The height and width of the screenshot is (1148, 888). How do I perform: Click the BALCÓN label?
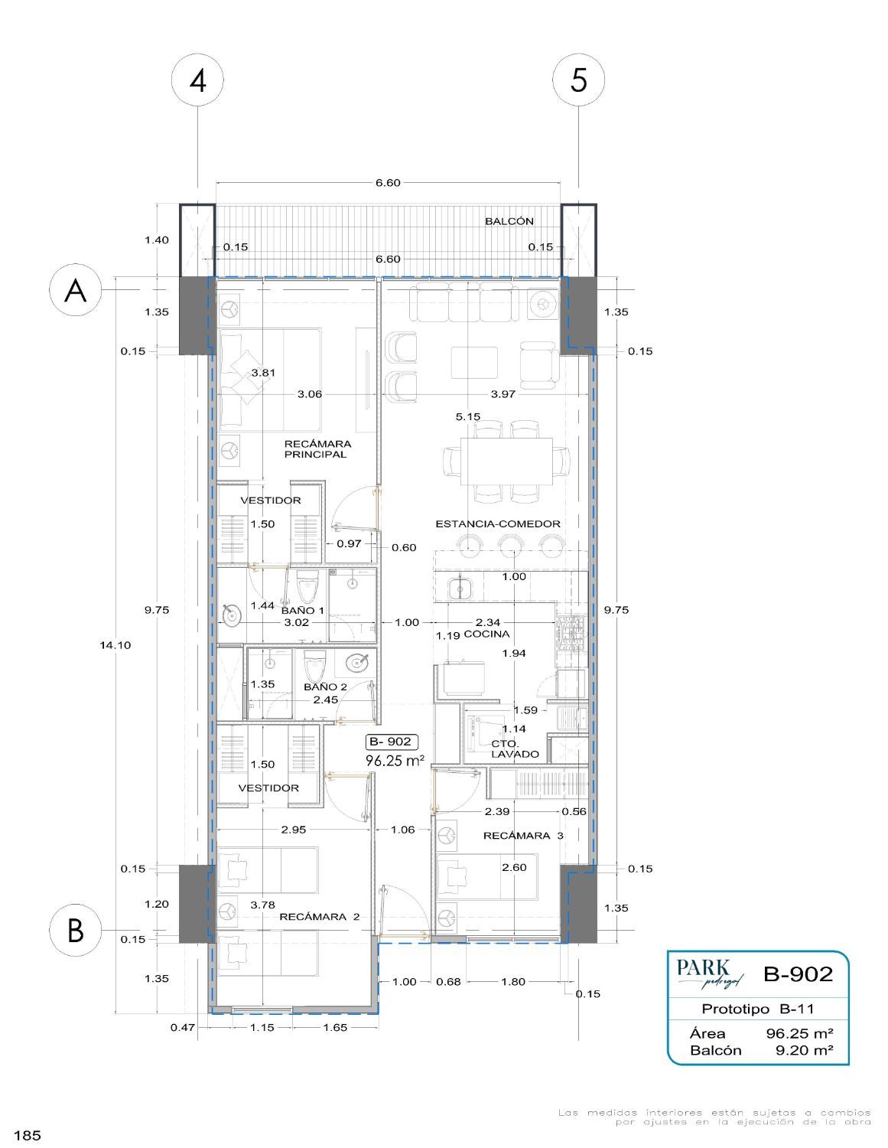[509, 221]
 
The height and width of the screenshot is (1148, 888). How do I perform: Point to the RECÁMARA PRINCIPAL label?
[317, 449]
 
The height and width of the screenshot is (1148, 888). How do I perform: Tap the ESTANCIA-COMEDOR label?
[497, 524]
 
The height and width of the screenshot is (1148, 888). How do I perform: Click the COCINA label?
[486, 634]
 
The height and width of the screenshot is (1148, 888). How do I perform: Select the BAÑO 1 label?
[303, 610]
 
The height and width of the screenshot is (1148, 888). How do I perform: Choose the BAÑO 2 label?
[325, 687]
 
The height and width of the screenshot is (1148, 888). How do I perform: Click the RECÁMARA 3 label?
[523, 835]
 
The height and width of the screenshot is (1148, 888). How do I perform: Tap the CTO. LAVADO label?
[515, 748]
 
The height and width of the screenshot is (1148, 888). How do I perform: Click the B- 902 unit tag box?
[392, 742]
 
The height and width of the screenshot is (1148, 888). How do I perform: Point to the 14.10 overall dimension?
[115, 645]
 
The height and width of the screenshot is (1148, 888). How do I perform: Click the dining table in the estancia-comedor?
[506, 461]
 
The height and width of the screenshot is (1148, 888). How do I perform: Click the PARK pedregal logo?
[710, 974]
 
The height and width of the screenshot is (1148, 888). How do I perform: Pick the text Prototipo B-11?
[758, 1009]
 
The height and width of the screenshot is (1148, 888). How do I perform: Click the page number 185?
[28, 1135]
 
